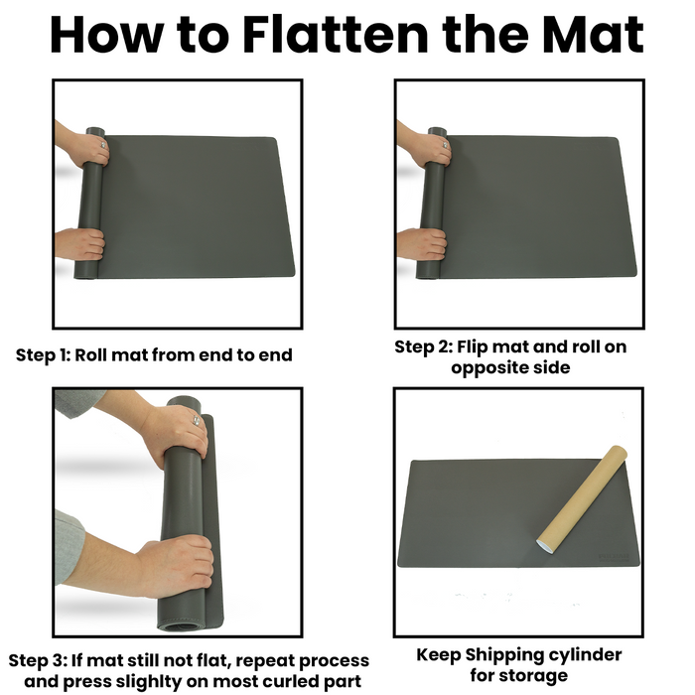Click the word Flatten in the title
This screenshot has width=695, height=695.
pos(336,35)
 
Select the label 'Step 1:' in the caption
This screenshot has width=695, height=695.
pos(43,355)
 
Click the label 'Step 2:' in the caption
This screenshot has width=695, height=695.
pos(423,347)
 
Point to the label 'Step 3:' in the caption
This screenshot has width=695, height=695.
pos(38,660)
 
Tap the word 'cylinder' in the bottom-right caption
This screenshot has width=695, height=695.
pos(584,655)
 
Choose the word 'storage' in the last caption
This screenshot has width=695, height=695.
pos(538,676)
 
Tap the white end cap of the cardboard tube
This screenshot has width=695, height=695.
pos(546,546)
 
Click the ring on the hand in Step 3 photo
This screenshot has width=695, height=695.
pos(197,420)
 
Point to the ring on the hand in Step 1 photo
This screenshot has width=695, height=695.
pos(102,145)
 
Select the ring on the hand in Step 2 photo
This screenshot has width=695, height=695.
pos(444,145)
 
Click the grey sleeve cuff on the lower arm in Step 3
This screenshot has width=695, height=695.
pos(69,546)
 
